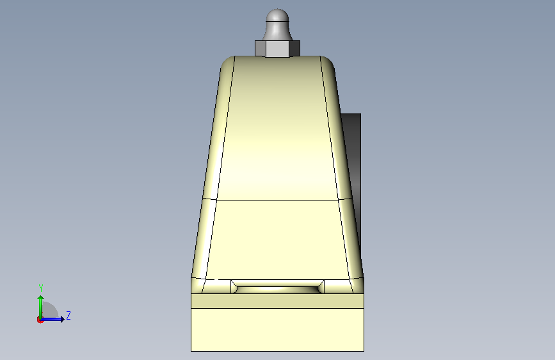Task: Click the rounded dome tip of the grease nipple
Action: click(x=278, y=15)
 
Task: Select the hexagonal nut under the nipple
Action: click(x=278, y=49)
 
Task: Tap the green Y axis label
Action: click(x=41, y=288)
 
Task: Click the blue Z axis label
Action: click(x=68, y=315)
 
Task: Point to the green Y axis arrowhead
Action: click(x=41, y=299)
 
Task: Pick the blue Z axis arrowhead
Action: click(x=62, y=319)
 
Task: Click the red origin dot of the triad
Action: click(x=40, y=320)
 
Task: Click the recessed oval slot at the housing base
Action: click(x=278, y=286)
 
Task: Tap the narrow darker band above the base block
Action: click(x=278, y=301)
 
